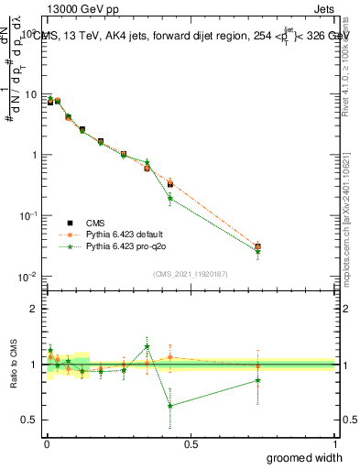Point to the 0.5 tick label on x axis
click(x=191, y=443)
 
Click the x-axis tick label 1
click(x=335, y=443)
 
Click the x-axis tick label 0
click(x=47, y=443)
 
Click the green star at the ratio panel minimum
click(x=170, y=406)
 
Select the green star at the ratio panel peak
click(x=147, y=346)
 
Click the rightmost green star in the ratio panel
click(x=258, y=380)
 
